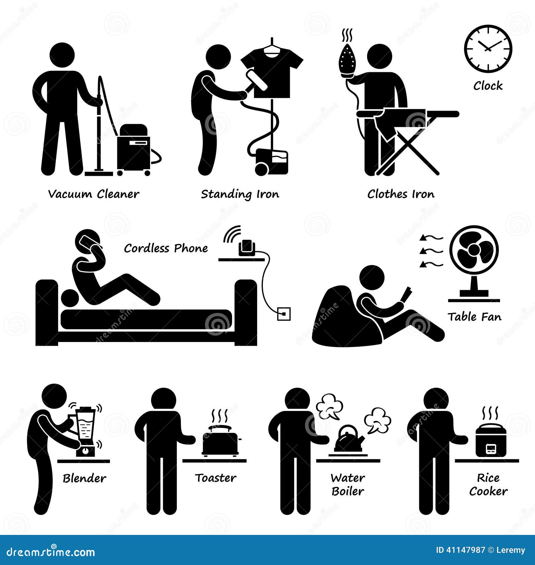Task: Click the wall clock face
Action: coord(488,48)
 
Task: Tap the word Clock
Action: coord(488,86)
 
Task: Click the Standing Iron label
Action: coord(240,195)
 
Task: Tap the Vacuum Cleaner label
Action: coord(94,194)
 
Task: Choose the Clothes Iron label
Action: coord(401,194)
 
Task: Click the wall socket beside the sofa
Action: coord(284,314)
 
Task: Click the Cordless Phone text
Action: coord(166,248)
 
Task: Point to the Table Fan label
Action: coord(474,317)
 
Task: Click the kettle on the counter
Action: coord(350,438)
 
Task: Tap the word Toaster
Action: coord(216,478)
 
